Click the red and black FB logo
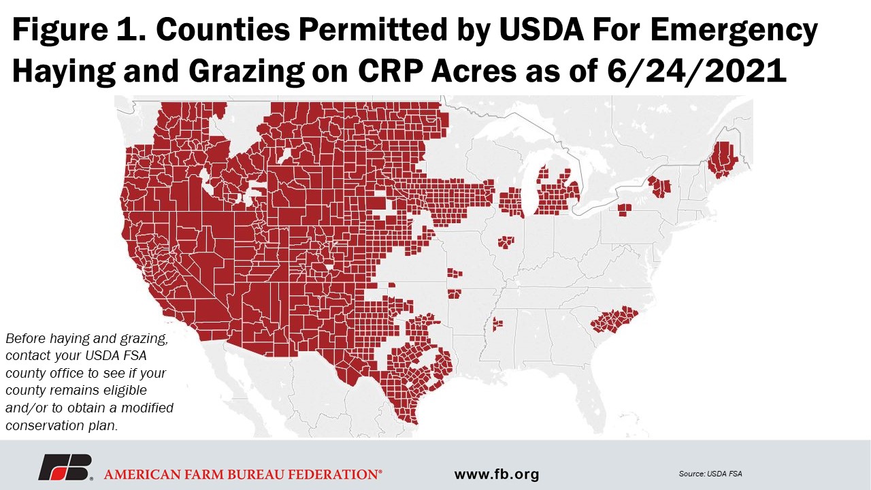click(x=65, y=468)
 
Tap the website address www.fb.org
click(x=496, y=474)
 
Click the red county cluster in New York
click(x=659, y=186)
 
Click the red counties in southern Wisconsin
click(x=511, y=203)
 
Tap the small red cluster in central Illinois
click(x=506, y=242)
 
